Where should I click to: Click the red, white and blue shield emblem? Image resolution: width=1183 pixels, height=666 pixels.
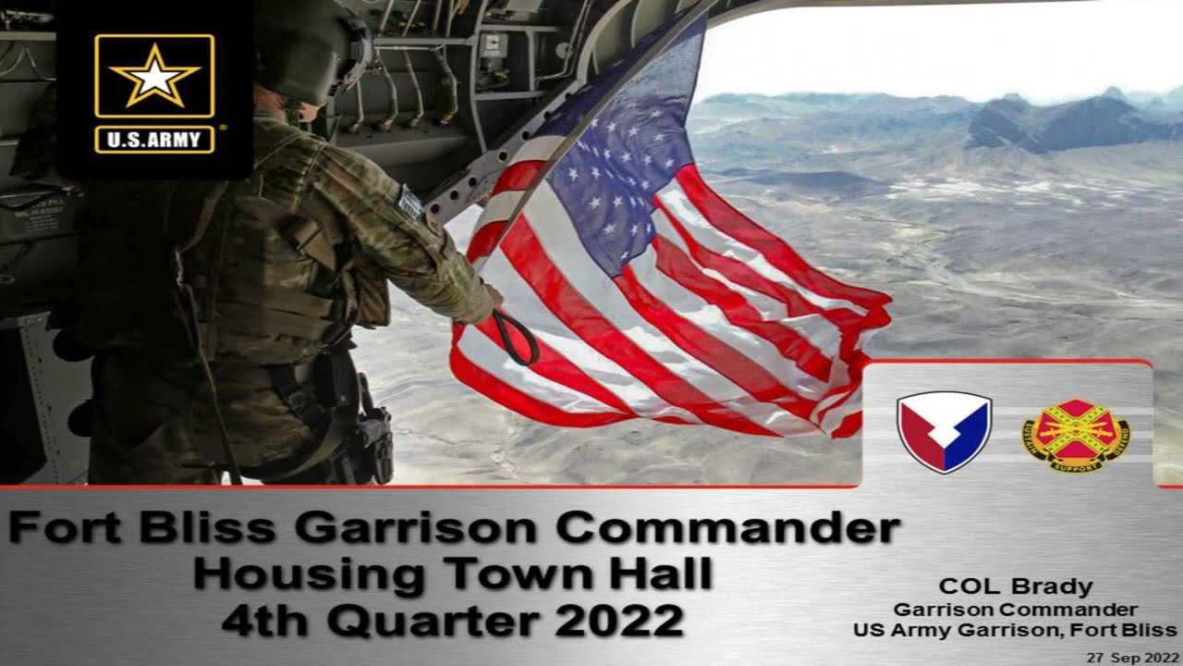click(x=944, y=432)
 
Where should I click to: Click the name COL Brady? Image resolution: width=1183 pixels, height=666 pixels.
click(x=1015, y=586)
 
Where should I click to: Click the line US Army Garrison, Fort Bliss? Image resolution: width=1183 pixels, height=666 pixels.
click(x=1015, y=630)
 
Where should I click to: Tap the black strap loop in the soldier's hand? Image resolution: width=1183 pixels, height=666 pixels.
click(x=518, y=338)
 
